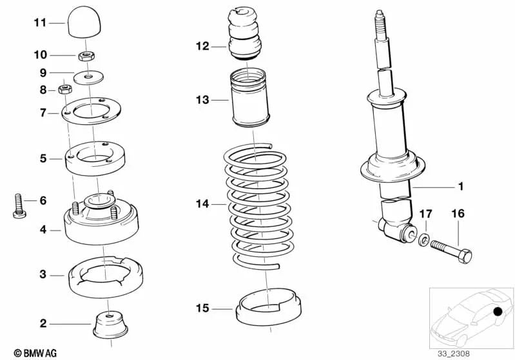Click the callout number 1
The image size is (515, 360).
[x=460, y=187]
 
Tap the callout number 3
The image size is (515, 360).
[x=43, y=274]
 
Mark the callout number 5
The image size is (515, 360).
[x=43, y=157]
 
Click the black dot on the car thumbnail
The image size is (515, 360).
[x=498, y=313]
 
